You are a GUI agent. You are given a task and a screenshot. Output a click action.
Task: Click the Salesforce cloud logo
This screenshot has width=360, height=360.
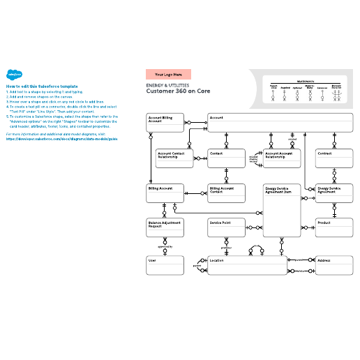pos(12,75)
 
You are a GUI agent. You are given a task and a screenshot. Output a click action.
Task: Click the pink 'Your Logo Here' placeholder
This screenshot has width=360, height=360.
pos(168,74)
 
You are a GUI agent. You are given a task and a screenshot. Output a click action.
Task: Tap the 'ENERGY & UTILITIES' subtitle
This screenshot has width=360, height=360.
pos(167,85)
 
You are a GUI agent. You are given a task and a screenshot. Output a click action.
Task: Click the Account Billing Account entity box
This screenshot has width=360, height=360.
pos(165,123)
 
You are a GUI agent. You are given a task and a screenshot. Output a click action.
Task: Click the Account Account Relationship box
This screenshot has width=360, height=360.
pos(282,158)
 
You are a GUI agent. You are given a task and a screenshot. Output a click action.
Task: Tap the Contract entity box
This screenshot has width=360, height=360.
pos(334,158)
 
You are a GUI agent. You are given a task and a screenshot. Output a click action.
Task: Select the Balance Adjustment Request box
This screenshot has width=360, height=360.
pos(165,228)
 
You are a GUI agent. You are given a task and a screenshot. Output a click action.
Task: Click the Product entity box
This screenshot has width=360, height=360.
pos(334,228)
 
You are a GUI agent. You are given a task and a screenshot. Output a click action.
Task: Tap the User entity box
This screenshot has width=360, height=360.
pos(165,265)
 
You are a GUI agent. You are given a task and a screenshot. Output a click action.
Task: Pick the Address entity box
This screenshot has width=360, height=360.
pos(334,265)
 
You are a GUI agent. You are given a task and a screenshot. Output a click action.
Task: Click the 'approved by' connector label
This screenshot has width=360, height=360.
pos(165,246)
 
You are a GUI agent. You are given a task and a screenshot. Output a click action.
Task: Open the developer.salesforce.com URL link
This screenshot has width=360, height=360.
pos(61,138)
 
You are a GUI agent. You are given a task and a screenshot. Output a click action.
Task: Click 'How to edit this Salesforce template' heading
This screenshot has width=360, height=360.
pos(42,86)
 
